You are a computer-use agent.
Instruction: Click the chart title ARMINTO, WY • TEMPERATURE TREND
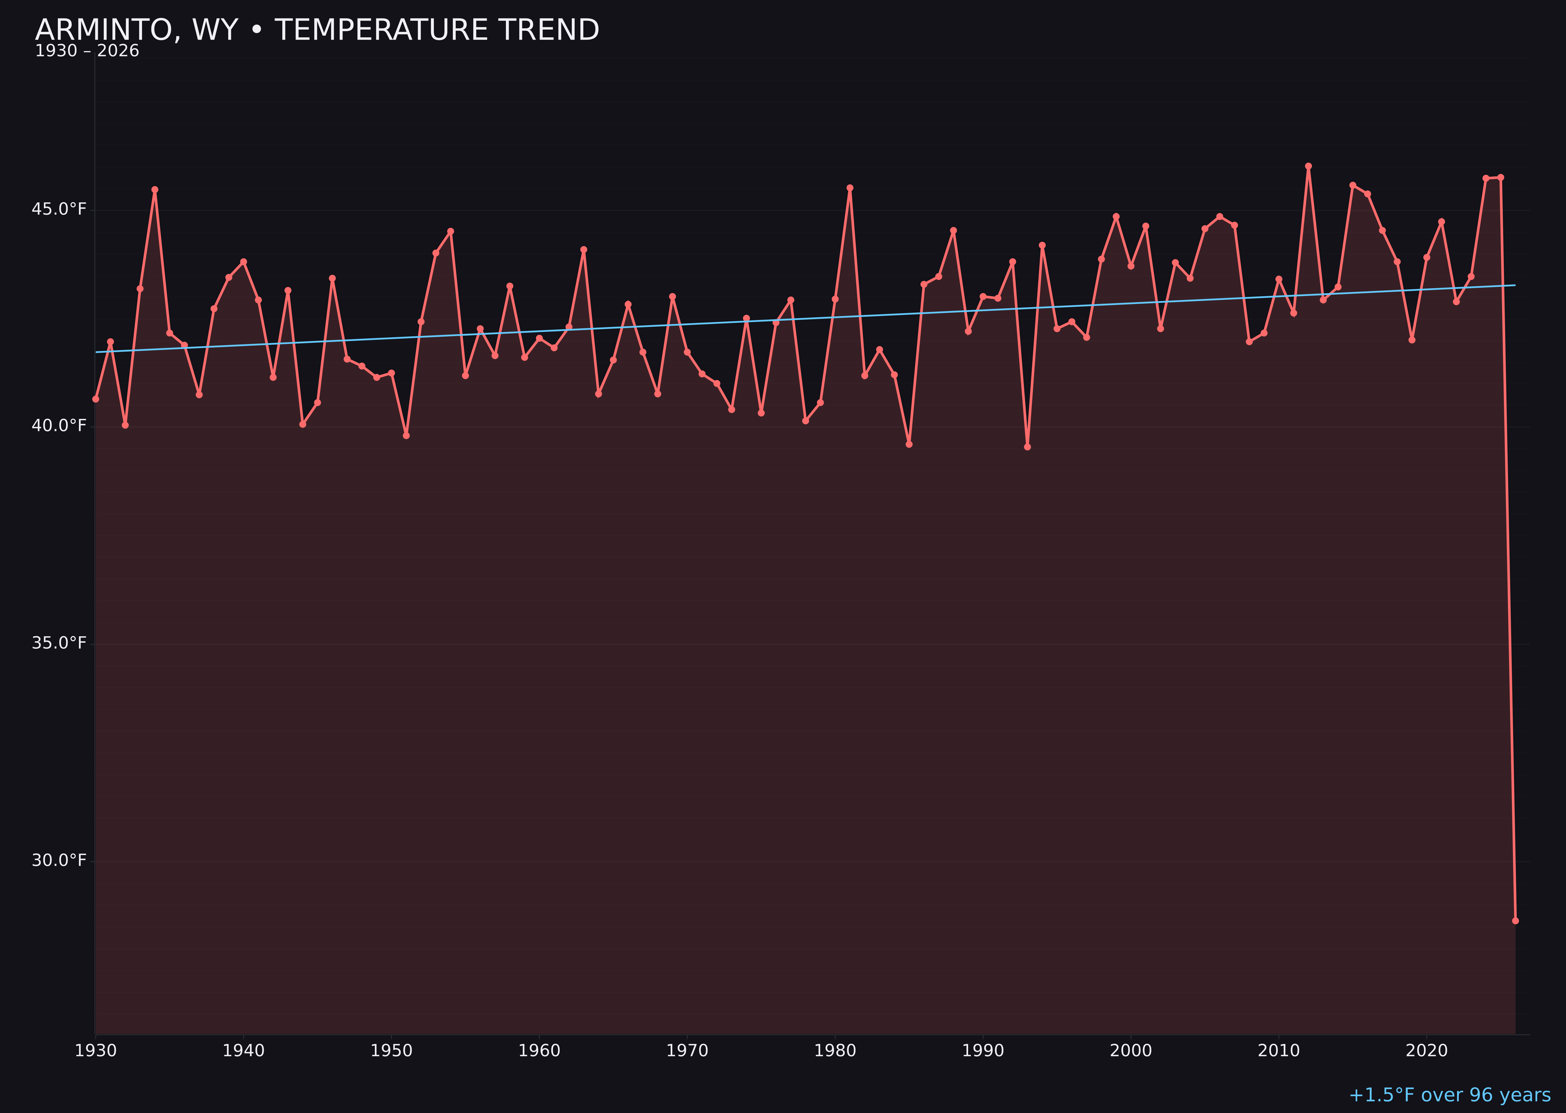(x=317, y=30)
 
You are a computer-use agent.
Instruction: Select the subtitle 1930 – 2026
(x=87, y=51)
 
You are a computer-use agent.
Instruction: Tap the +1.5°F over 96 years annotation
(x=1449, y=1095)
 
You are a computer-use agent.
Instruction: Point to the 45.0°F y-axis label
(x=59, y=209)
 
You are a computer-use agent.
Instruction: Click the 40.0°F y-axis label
(x=59, y=426)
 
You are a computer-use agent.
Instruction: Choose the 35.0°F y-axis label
(x=59, y=643)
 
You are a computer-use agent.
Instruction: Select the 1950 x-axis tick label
(x=391, y=1051)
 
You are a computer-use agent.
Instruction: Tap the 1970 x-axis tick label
(x=687, y=1051)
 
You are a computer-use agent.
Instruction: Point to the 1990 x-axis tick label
(x=983, y=1051)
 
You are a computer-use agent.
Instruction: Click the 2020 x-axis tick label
(x=1426, y=1051)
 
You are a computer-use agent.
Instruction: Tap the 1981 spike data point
(x=850, y=188)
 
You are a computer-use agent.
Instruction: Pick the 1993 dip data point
(x=1027, y=447)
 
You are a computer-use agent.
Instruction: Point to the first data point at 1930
(x=95, y=399)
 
